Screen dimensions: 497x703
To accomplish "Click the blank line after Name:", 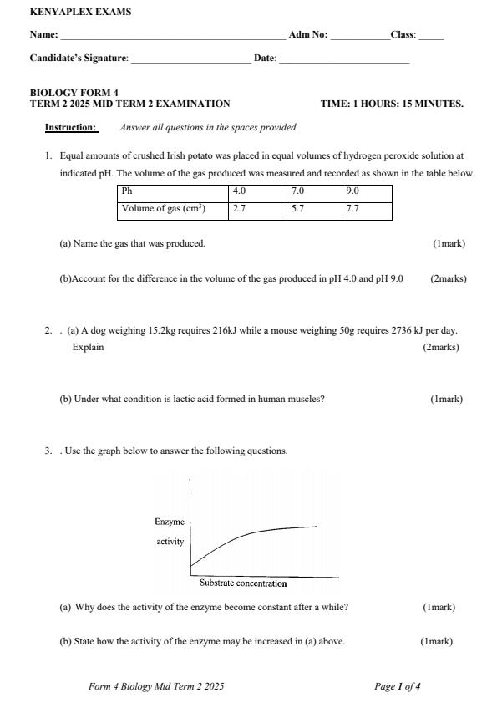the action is [172, 38].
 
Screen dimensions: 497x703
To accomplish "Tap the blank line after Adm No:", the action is [360, 38].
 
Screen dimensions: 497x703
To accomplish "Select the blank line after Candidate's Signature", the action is [190, 60].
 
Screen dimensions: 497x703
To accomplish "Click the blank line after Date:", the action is [343, 60].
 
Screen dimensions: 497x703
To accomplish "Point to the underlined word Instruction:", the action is [71, 128].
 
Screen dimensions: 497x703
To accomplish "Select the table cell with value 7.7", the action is [367, 209].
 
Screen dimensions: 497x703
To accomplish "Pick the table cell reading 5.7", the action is [313, 209].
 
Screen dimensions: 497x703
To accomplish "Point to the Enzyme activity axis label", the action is [170, 532].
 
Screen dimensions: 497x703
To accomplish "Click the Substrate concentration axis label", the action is [243, 583].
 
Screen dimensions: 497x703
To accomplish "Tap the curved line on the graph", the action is [251, 533].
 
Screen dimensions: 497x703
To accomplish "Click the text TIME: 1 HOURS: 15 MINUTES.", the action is [392, 104].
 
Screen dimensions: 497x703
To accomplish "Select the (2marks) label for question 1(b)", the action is [449, 278].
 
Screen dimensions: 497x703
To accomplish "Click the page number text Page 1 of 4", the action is [398, 686].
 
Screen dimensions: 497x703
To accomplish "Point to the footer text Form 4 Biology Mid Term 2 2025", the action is [156, 686].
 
